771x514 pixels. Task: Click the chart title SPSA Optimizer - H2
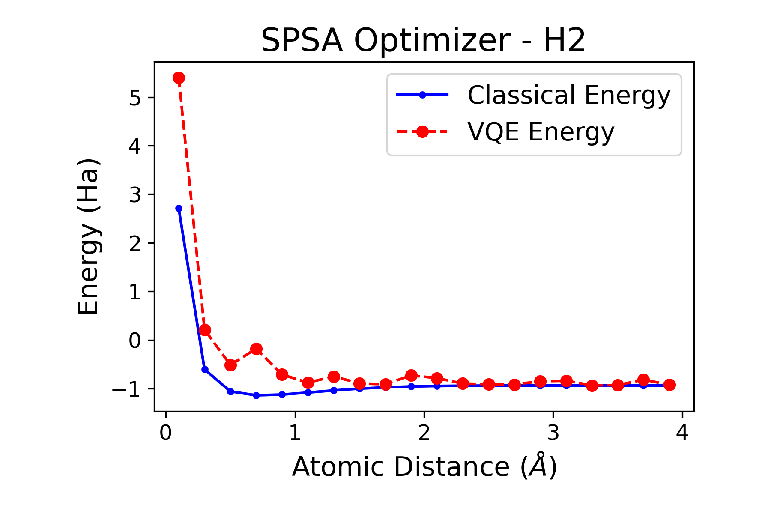click(423, 41)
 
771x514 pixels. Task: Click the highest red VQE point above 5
click(179, 78)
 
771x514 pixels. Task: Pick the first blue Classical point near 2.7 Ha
click(179, 209)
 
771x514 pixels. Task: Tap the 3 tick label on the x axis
click(553, 433)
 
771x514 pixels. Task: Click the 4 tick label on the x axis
click(682, 433)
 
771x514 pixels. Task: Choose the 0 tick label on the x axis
click(166, 433)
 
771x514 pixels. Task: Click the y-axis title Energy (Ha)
click(88, 236)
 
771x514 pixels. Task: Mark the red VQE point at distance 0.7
click(256, 349)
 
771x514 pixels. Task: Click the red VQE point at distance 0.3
click(205, 330)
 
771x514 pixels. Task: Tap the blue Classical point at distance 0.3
click(205, 369)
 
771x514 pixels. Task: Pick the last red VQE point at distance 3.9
click(669, 385)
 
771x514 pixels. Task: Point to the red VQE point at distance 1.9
click(411, 376)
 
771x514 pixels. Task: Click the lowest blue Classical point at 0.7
click(256, 395)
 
